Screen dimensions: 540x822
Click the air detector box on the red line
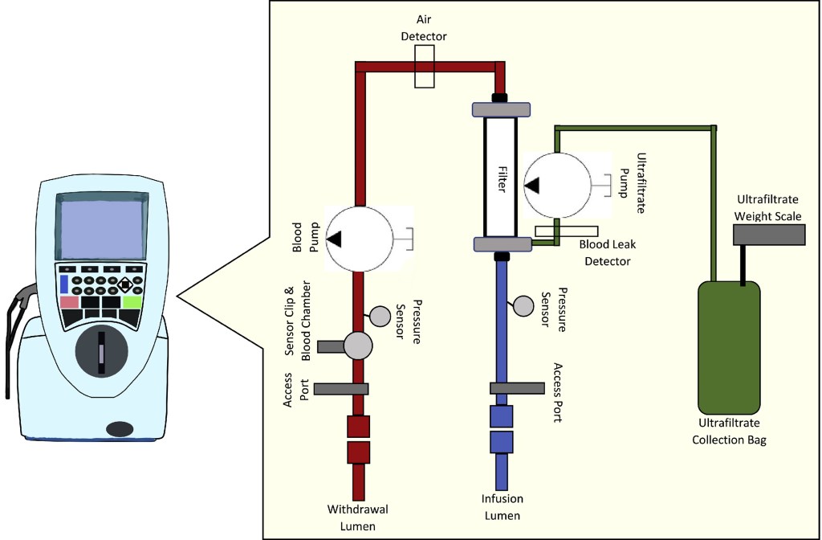tap(424, 66)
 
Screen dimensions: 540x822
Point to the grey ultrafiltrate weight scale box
tap(768, 234)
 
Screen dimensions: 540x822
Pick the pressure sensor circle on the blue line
tap(523, 305)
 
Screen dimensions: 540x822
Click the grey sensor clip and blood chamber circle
tap(358, 346)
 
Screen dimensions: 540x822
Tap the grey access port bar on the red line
tap(341, 389)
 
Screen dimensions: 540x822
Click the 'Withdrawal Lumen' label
tap(357, 517)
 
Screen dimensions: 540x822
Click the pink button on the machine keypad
tap(70, 303)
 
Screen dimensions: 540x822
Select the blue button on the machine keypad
tap(64, 284)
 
